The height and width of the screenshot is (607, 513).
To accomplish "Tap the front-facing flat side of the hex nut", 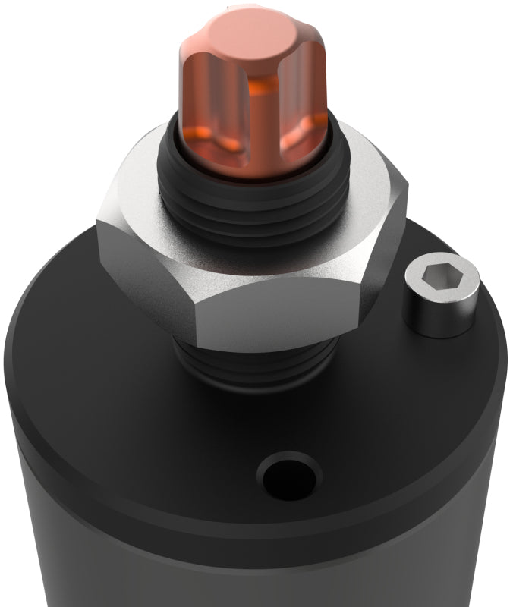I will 288,311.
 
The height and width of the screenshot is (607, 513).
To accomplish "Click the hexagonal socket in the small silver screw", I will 442,278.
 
